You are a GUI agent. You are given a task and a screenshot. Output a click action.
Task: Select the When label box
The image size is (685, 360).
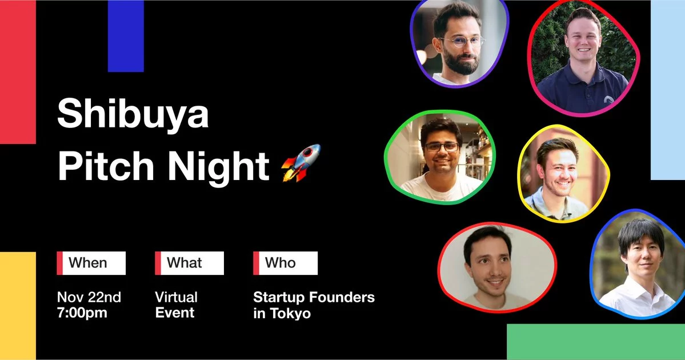91,263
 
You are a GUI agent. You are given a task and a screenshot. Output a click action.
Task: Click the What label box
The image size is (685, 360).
189,263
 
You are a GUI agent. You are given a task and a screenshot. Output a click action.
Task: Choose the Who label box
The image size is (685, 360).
285,263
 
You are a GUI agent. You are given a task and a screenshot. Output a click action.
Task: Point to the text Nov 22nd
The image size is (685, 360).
89,297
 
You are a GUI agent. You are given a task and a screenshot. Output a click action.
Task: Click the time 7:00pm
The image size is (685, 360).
82,313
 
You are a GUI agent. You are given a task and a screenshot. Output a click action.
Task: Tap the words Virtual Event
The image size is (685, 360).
176,305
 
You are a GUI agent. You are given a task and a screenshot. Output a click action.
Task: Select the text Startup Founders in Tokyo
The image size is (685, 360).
314,305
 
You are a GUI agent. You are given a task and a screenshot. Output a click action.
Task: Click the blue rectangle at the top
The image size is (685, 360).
126,35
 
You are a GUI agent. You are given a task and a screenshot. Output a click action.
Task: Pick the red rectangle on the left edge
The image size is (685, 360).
17,71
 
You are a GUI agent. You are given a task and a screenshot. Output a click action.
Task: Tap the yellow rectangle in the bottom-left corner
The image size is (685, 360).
17,306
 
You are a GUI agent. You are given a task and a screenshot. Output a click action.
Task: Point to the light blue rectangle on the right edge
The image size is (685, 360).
667,90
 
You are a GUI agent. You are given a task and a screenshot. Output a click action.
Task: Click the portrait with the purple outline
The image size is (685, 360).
459,43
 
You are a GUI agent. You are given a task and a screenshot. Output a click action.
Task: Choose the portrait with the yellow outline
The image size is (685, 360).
563,173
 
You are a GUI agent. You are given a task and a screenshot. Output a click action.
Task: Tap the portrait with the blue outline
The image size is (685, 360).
639,264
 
